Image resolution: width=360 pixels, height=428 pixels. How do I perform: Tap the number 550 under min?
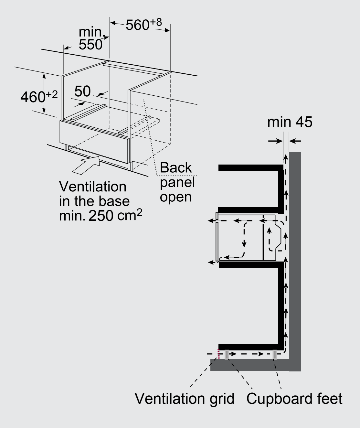(90, 45)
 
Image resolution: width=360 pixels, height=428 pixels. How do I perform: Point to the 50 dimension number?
(82, 91)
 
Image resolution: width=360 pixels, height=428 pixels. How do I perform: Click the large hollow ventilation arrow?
(86, 165)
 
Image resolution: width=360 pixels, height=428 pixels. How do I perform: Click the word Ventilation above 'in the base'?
(93, 187)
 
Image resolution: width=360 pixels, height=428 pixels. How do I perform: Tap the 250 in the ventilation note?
(101, 216)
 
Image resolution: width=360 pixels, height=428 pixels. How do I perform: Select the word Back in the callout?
(175, 167)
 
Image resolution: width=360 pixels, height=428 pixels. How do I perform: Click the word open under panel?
(175, 197)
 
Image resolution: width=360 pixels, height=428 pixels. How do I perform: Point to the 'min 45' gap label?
(290, 122)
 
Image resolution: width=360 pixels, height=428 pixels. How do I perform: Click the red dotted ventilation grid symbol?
(218, 354)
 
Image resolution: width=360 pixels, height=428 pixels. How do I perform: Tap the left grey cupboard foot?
(227, 355)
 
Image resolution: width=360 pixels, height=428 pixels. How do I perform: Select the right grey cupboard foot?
(275, 355)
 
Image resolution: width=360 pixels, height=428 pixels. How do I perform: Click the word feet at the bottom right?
(330, 399)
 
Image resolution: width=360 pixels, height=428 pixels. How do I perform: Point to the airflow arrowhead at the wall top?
(286, 157)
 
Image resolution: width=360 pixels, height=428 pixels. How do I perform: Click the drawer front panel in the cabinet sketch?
(94, 142)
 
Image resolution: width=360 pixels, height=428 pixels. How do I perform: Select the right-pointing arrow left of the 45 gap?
(275, 141)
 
